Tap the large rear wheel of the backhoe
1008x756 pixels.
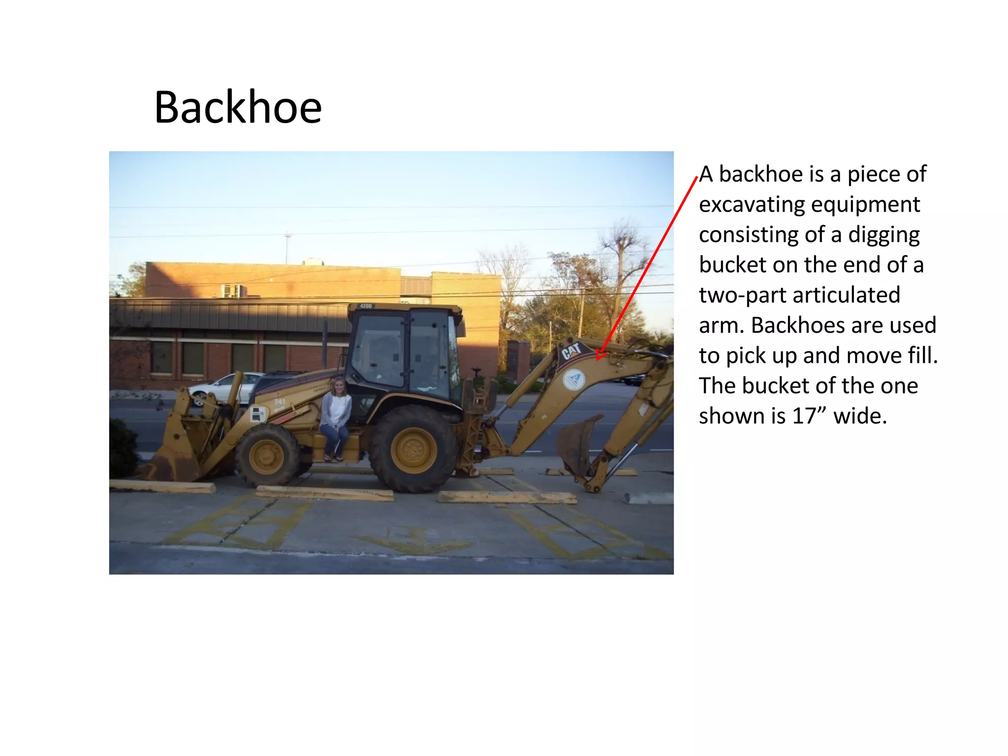tap(413, 448)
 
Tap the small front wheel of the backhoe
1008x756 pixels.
tap(267, 455)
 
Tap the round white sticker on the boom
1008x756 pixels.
tap(574, 380)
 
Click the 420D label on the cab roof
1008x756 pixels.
tap(366, 306)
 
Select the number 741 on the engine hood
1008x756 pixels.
tap(280, 402)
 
